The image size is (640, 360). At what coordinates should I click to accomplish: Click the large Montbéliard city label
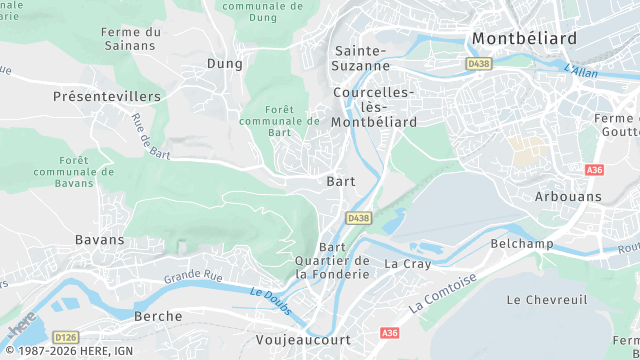524,38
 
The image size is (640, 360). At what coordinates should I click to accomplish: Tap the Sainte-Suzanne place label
361,58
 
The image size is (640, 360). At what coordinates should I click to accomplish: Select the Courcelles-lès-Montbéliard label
372,107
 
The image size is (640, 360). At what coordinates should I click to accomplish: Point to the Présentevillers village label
107,96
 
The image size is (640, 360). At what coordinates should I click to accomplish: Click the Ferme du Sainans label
131,39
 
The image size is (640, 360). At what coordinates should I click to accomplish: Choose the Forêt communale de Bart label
280,120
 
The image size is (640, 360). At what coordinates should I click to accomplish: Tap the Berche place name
158,316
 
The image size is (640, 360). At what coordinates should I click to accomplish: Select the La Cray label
408,264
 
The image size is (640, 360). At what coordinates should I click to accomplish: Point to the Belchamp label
522,244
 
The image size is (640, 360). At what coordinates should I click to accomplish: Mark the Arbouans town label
569,197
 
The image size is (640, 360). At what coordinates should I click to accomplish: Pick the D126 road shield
66,337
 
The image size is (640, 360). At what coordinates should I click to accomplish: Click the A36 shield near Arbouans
596,170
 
